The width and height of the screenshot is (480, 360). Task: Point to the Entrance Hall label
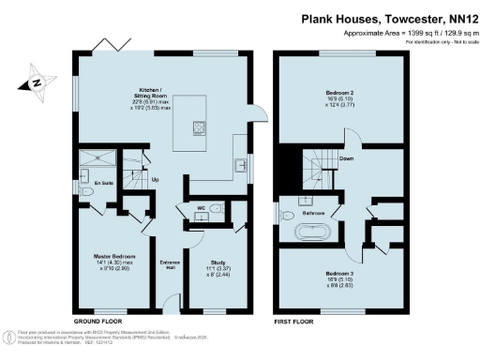[x=170, y=263]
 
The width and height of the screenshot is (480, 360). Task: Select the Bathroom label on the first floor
[x=312, y=213]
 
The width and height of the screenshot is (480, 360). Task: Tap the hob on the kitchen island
[x=200, y=127]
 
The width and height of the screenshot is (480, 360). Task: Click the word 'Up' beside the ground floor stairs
[x=155, y=178]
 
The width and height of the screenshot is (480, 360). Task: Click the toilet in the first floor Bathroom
[x=286, y=214]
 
